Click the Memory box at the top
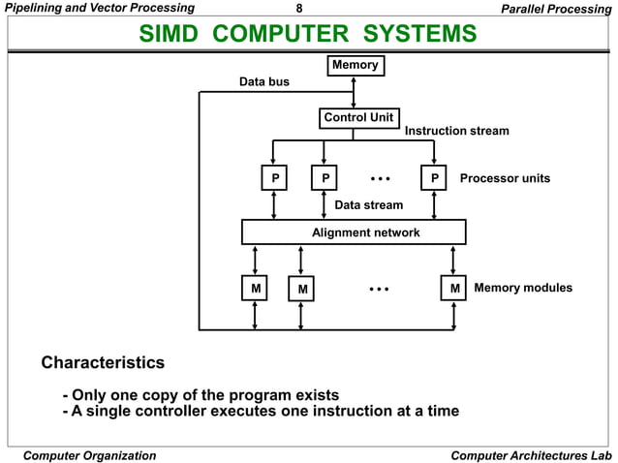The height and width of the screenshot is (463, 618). (355, 66)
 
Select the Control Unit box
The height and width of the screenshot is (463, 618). (358, 118)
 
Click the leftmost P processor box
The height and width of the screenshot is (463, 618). (275, 178)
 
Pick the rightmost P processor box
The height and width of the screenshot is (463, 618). (435, 178)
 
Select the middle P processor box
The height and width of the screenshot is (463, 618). (324, 178)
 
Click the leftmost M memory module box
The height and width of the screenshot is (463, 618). (255, 288)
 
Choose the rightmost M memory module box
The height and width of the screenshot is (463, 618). (453, 288)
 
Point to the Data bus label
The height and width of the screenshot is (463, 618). (264, 82)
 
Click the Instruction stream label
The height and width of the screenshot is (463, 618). (456, 131)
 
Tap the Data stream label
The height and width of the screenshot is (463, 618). (368, 205)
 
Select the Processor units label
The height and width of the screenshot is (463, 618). (505, 178)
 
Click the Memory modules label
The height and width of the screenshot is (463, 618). (523, 288)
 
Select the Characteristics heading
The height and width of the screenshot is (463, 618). (102, 363)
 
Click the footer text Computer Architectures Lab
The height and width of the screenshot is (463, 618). (532, 455)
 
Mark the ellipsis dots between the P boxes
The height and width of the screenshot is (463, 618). (381, 178)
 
